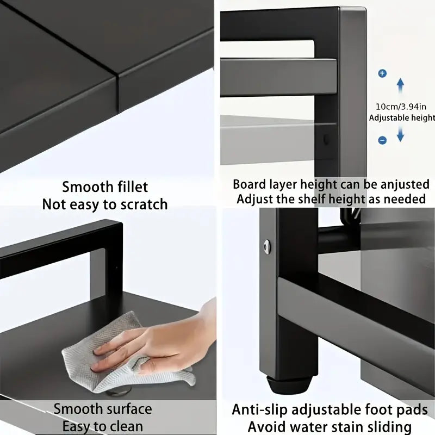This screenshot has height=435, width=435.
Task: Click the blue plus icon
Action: click(x=382, y=73)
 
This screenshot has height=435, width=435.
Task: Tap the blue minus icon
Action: click(x=382, y=140)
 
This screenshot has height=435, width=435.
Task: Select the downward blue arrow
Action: click(x=400, y=133)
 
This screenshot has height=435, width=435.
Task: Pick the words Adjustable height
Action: click(x=402, y=117)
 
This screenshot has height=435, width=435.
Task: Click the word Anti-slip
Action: click(x=259, y=409)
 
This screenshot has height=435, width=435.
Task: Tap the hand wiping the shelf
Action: click(x=163, y=340)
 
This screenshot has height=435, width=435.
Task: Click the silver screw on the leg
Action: click(x=267, y=246)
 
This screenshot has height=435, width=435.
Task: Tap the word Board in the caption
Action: click(x=250, y=184)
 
